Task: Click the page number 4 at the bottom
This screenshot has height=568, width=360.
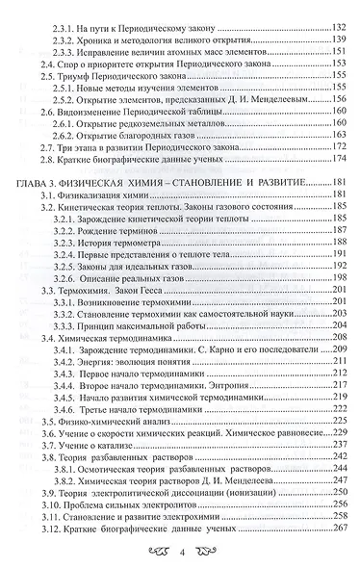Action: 181,552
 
